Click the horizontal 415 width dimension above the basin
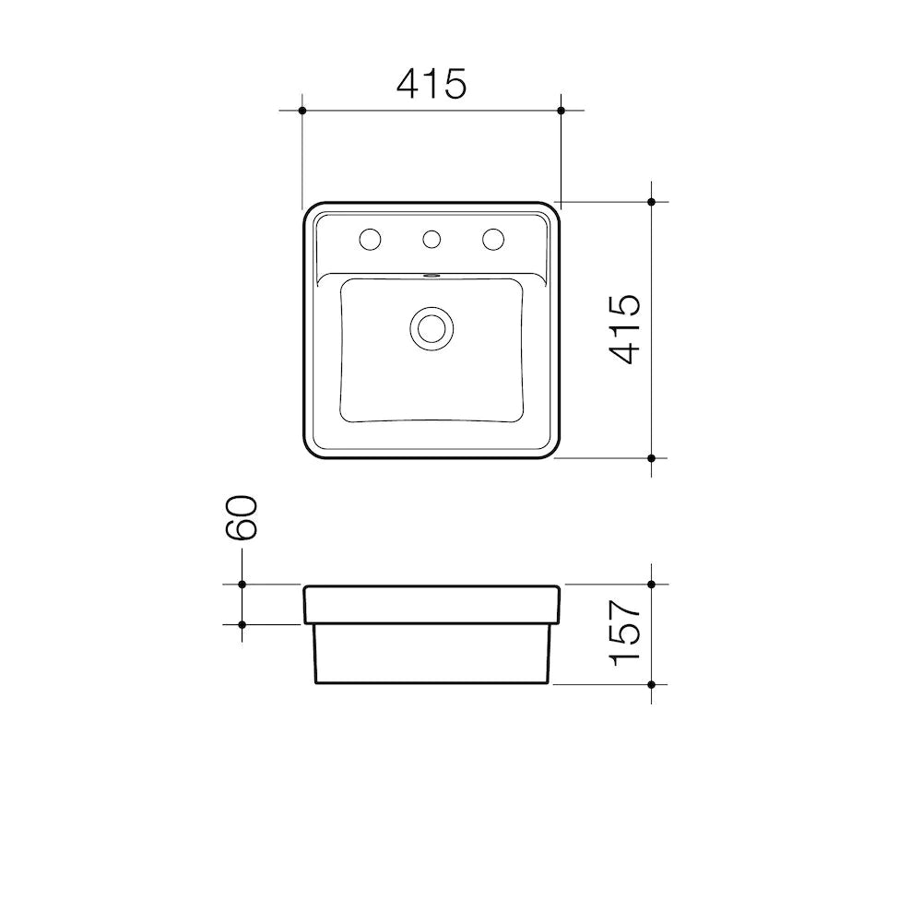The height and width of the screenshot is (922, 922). [431, 85]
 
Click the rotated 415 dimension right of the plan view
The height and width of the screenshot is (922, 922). [626, 329]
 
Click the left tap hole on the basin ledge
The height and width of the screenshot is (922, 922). [370, 240]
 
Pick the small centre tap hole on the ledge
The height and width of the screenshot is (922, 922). [431, 240]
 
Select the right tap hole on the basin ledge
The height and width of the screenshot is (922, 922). [493, 240]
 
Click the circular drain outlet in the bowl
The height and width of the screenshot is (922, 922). [431, 326]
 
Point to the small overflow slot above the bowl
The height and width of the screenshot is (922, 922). [431, 275]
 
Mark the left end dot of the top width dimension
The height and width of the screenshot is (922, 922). [302, 111]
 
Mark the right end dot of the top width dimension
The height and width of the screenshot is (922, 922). [561, 111]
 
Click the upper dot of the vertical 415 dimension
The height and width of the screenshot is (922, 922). [652, 201]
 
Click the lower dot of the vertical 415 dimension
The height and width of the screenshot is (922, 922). [652, 457]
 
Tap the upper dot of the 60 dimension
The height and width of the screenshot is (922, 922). [242, 585]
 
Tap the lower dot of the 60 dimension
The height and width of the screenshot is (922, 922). [242, 624]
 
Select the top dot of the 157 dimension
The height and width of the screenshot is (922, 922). [652, 585]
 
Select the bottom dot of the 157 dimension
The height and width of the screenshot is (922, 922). [652, 685]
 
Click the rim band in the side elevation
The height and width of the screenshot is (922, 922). [431, 604]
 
